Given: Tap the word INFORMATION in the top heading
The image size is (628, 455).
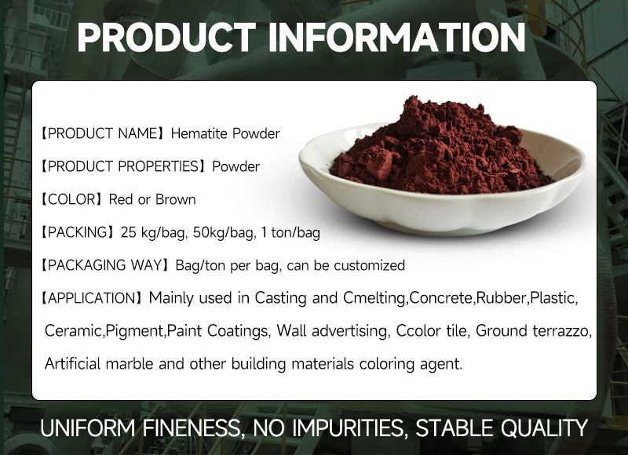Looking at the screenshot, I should (396, 38).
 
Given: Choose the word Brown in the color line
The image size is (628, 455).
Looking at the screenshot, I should (175, 199).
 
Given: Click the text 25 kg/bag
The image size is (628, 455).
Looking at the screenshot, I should (152, 233).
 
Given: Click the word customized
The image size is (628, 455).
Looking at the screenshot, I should (369, 266).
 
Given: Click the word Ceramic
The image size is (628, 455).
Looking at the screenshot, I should (73, 332).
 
